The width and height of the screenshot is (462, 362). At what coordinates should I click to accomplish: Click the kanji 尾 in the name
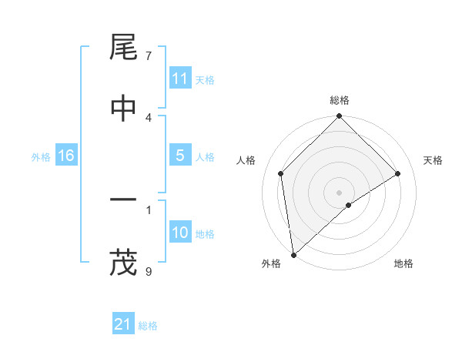[x=124, y=49]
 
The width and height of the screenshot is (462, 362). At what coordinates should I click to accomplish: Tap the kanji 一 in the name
[x=124, y=202]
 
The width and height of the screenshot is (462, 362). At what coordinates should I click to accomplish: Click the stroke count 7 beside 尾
[x=149, y=56]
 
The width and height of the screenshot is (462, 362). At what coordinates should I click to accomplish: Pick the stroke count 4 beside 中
[x=149, y=117]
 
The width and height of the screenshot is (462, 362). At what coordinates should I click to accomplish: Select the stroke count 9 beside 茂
[x=149, y=270]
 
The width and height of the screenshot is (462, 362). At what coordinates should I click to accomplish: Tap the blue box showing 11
[x=180, y=79]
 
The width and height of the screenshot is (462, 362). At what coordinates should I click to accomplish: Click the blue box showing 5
[x=180, y=156]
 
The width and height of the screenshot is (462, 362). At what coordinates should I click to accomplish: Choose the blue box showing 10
[x=180, y=233]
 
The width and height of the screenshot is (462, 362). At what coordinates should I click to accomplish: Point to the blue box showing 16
[x=66, y=156]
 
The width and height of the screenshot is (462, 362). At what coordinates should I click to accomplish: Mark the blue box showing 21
[x=123, y=324]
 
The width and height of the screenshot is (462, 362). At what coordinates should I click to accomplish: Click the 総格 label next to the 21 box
[x=148, y=326]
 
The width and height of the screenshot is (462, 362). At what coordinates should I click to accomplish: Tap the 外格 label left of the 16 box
[x=41, y=157]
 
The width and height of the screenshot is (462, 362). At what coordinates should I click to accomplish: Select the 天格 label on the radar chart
[x=433, y=160]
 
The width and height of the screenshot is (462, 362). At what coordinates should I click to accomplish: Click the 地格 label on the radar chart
[x=403, y=263]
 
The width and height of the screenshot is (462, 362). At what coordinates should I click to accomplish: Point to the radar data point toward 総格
[x=339, y=117]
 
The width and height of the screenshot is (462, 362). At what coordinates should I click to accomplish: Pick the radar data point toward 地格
[x=349, y=205]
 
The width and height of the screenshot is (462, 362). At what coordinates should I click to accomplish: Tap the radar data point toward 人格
[x=281, y=173]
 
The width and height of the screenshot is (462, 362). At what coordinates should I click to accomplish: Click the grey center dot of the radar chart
[x=339, y=192]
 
